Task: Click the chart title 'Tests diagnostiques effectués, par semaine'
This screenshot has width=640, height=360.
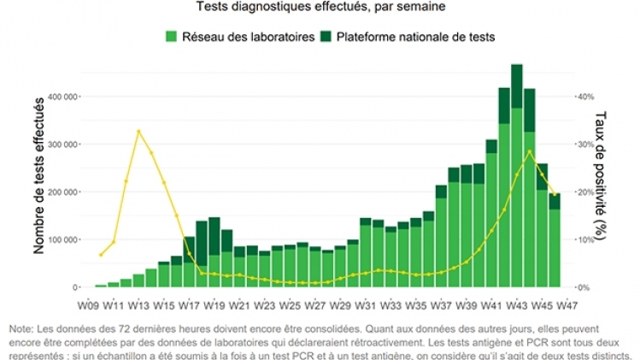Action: (x=320, y=7)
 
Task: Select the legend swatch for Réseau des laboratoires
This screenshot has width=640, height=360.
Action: (x=171, y=37)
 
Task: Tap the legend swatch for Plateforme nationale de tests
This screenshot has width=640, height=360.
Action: (x=326, y=37)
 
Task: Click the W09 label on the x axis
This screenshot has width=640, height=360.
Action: (x=88, y=304)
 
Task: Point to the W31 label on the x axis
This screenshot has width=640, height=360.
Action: (x=366, y=304)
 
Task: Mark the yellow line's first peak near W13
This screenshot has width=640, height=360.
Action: (x=138, y=131)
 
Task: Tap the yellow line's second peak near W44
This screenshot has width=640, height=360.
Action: (x=530, y=151)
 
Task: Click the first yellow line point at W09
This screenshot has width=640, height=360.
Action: (x=101, y=255)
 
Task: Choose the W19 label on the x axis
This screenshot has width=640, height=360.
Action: (x=214, y=304)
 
